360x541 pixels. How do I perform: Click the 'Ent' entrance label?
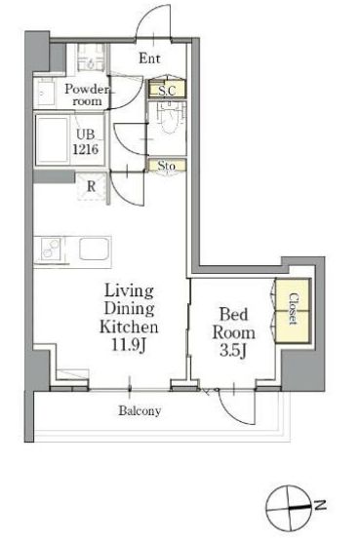[x=149, y=58]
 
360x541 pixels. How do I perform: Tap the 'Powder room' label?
[x=87, y=95]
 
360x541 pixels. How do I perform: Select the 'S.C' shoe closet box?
[x=167, y=90]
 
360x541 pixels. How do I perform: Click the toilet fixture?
[x=168, y=117]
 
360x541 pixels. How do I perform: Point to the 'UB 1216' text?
[x=86, y=141]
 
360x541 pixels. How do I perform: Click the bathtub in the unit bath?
[x=53, y=140]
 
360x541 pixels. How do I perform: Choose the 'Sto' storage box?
[x=167, y=166]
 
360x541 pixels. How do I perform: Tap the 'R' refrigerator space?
[x=91, y=186]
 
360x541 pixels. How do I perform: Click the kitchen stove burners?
[x=51, y=250]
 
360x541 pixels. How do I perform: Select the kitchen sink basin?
[x=95, y=249]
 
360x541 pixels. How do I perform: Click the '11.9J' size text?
[x=128, y=345]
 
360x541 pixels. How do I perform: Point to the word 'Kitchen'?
[x=129, y=328]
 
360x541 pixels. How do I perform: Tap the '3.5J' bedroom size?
[x=233, y=350]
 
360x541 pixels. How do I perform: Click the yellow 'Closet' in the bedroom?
[x=293, y=311]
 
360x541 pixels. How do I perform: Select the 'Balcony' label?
[x=140, y=410]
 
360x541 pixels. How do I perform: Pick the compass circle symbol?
[x=288, y=508]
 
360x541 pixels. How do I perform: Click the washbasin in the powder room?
[x=45, y=94]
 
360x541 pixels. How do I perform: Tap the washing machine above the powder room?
[x=91, y=58]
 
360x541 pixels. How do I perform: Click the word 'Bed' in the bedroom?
[x=234, y=314]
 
